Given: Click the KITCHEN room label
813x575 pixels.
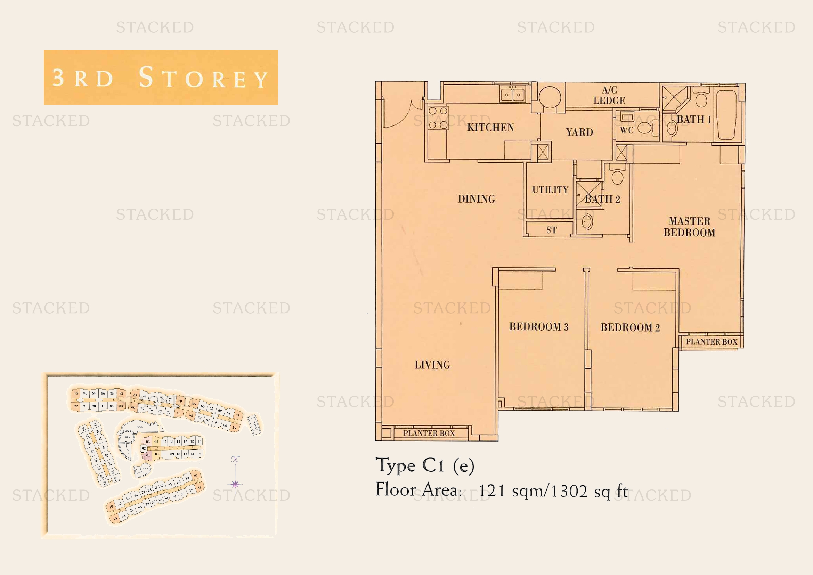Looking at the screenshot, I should click(x=490, y=128).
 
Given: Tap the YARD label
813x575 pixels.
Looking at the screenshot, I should click(x=579, y=132).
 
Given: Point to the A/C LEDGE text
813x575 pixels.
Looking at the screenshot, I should click(x=609, y=95).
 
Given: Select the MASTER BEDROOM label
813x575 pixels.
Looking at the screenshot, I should click(x=689, y=227).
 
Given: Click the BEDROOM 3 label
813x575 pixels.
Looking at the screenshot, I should click(x=538, y=326).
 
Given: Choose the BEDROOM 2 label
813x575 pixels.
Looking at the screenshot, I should click(x=630, y=327).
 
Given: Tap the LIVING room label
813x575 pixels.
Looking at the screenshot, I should click(x=432, y=365).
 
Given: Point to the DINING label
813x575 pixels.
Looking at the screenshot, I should click(x=476, y=199).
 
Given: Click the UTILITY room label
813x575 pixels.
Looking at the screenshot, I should click(x=550, y=190).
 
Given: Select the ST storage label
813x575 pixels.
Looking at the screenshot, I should click(x=551, y=230).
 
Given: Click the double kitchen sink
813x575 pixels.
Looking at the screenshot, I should click(x=512, y=94).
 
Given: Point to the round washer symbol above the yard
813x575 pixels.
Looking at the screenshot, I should click(x=550, y=97).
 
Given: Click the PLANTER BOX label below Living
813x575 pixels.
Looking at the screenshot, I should click(x=429, y=433).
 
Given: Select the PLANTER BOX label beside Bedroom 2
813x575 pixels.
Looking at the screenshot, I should click(x=712, y=342).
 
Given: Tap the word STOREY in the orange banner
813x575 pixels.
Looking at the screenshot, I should click(x=203, y=78).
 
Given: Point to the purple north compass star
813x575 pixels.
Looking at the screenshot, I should click(x=235, y=484).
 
